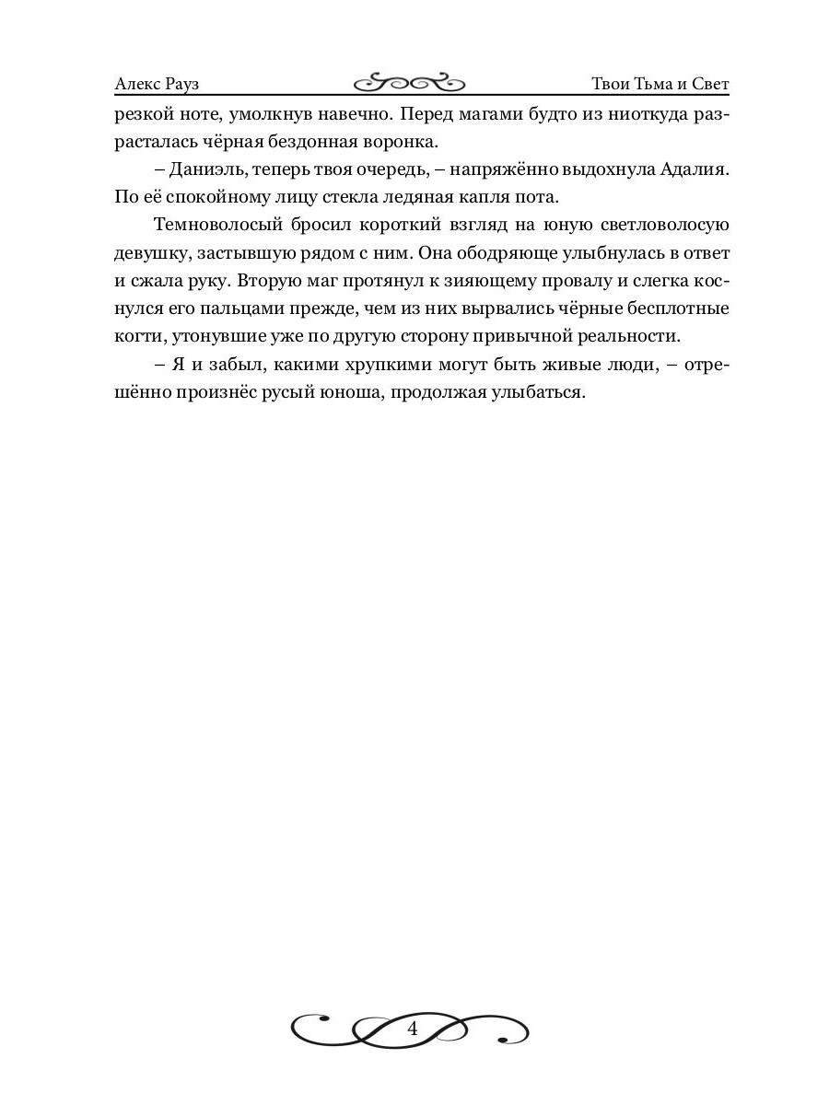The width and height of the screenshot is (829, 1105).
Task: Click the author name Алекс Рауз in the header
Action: pos(158,85)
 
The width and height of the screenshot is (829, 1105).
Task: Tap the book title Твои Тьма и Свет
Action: pos(660,85)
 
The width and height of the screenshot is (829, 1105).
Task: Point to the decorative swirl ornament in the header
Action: pos(410,84)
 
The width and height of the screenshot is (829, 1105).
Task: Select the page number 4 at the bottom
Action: pos(412,1029)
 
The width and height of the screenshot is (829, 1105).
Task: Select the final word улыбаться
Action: pos(537,391)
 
